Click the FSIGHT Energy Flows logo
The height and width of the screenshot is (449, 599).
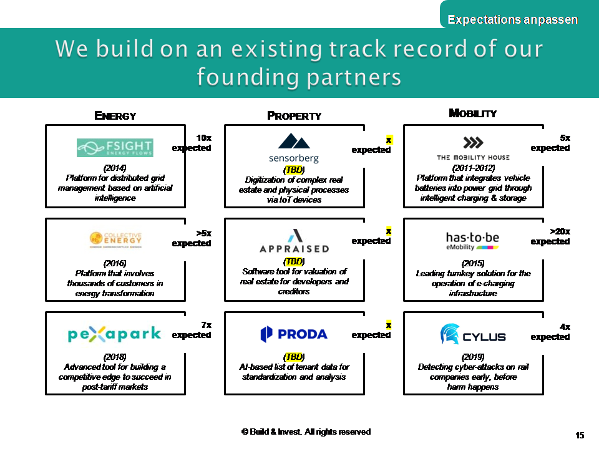point(115,148)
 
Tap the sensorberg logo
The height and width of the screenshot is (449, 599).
point(294,148)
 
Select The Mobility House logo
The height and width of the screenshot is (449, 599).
point(473,148)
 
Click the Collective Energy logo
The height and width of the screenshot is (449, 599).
point(115,239)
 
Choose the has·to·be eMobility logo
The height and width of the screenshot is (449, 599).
point(472,240)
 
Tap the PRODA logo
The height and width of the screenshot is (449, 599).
point(294,334)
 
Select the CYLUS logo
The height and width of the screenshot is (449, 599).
point(473,335)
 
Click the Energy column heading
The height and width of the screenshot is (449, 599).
point(115,115)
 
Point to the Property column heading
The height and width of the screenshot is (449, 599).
point(294,115)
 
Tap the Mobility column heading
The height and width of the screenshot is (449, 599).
point(473,113)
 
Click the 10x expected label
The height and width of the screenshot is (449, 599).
point(192,143)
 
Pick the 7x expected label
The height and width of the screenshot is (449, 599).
point(192,330)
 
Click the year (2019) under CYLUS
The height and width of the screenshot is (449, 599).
point(473,357)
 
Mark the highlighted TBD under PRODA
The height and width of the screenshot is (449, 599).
point(294,357)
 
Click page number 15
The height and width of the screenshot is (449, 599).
point(580,435)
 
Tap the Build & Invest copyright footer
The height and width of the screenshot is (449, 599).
point(306,432)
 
